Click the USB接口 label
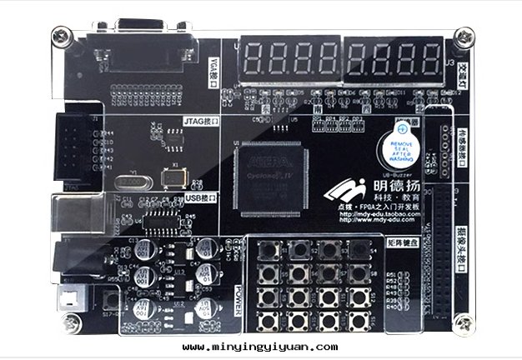pyautogui.click(x=198, y=197)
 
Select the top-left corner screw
pyautogui.click(x=59, y=36)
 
